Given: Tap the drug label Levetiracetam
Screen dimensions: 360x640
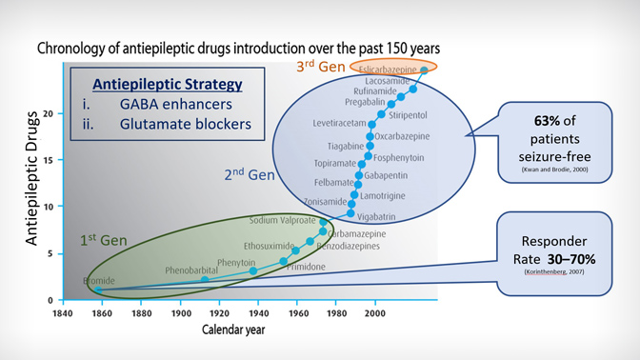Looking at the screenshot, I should pos(340,124).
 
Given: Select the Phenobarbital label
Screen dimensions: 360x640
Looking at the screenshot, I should pos(190,270).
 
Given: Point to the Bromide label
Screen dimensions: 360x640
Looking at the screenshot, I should pos(98,281).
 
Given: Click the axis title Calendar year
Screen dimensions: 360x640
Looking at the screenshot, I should pos(232,330).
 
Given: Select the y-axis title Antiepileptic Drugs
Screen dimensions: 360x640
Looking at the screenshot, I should pos(30,180).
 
